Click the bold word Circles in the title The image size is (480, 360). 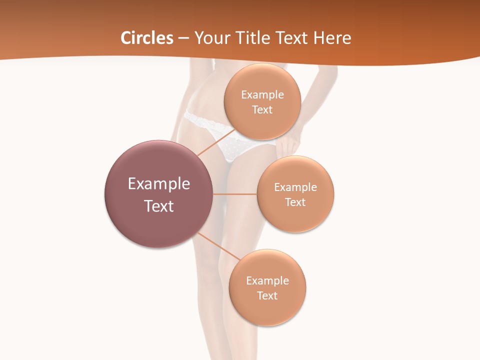[146, 38]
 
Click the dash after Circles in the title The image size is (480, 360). [183, 38]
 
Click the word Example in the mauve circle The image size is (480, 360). [159, 184]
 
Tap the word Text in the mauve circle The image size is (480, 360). [159, 206]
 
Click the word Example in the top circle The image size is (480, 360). [262, 94]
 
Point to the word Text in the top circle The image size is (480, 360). [262, 109]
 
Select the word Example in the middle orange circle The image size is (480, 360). [295, 187]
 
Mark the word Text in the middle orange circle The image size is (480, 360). [295, 202]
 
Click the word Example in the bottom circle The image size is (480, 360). [267, 280]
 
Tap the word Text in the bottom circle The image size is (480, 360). [267, 295]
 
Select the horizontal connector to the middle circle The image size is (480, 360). [235, 194]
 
